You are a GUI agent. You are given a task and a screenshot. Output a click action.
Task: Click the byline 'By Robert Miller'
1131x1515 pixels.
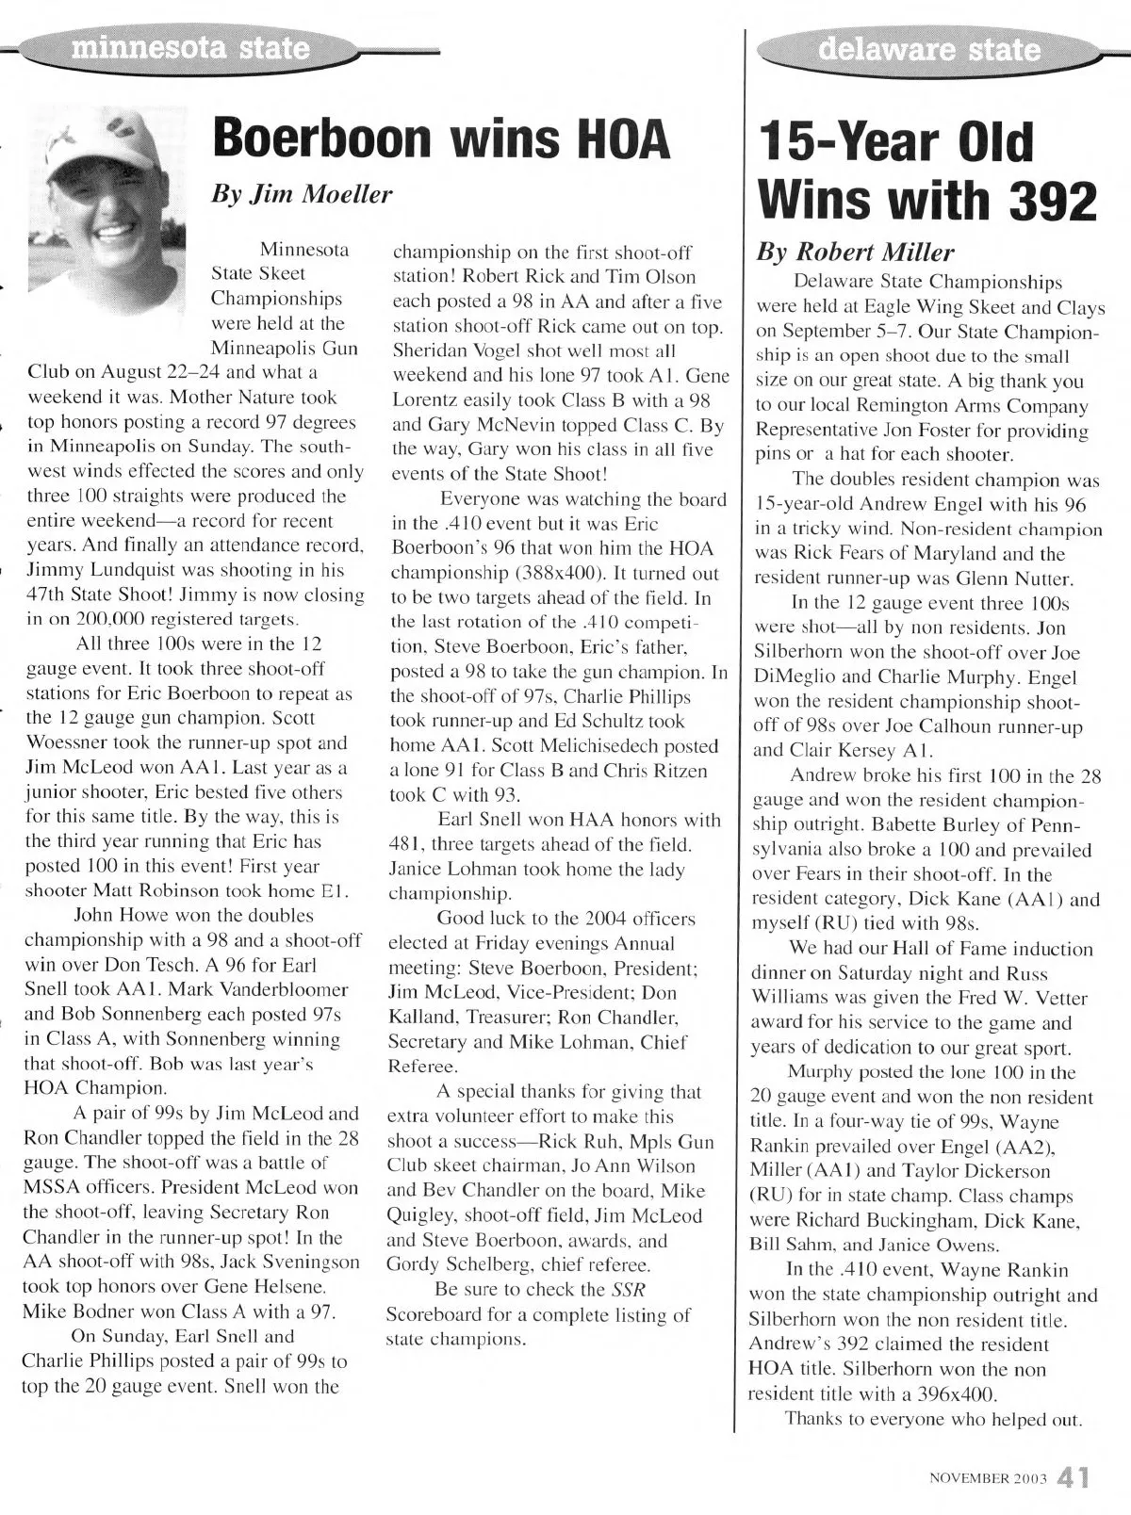coord(856,252)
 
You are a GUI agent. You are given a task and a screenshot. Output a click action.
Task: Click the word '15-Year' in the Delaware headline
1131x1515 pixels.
coord(849,142)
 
